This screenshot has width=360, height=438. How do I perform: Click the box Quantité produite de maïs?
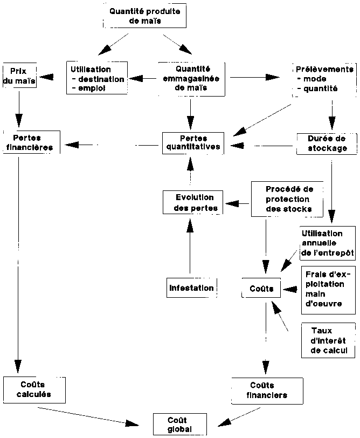pyautogui.click(x=144, y=16)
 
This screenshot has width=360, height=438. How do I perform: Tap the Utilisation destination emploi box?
pyautogui.click(x=98, y=79)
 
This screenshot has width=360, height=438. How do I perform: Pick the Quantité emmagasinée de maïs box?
pyautogui.click(x=192, y=78)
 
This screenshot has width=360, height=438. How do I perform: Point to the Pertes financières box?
pyautogui.click(x=31, y=142)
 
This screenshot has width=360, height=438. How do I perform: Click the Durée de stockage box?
pyautogui.click(x=326, y=143)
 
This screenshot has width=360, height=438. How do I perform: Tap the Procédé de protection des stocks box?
pyautogui.click(x=289, y=200)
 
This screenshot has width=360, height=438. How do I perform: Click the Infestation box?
pyautogui.click(x=191, y=288)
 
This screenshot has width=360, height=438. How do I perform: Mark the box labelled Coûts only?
pyautogui.click(x=261, y=289)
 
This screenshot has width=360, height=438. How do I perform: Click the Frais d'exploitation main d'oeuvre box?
pyautogui.click(x=328, y=289)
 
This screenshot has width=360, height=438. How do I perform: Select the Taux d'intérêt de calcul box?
pyautogui.click(x=329, y=340)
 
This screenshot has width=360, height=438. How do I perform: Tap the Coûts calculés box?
pyautogui.click(x=34, y=389)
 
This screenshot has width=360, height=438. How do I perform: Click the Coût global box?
pyautogui.click(x=179, y=424)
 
